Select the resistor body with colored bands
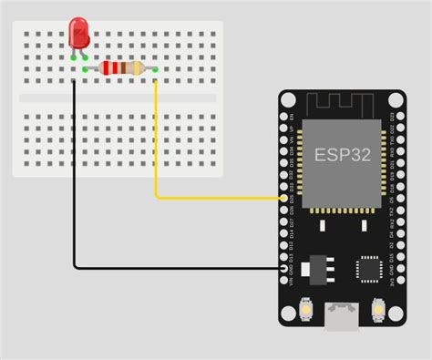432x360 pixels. pyautogui.click(x=121, y=67)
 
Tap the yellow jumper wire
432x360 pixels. pyautogui.click(x=156, y=146)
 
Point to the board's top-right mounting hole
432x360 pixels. pyautogui.click(x=395, y=99)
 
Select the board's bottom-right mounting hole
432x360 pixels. pyautogui.click(x=396, y=316)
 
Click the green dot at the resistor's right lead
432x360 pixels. pyautogui.click(x=156, y=68)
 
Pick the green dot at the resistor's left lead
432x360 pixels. pyautogui.click(x=86, y=68)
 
